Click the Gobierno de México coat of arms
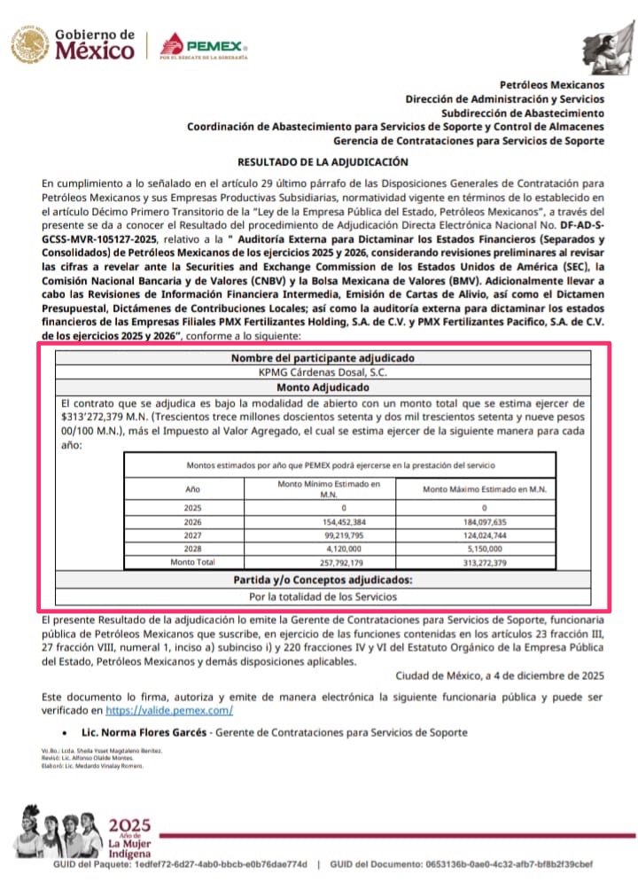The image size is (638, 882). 30,45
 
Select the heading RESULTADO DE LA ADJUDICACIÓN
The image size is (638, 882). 323,162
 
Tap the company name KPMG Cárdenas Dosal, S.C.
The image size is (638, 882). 323,373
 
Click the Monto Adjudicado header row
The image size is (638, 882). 323,387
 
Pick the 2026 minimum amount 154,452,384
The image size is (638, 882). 323,523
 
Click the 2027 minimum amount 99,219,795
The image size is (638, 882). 323,536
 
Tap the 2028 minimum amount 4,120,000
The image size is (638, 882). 323,549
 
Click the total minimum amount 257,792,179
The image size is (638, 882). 323,562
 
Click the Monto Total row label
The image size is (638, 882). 193,562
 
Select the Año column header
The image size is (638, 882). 193,488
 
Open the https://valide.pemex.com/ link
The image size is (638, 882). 169,710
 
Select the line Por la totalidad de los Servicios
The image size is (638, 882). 323,597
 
